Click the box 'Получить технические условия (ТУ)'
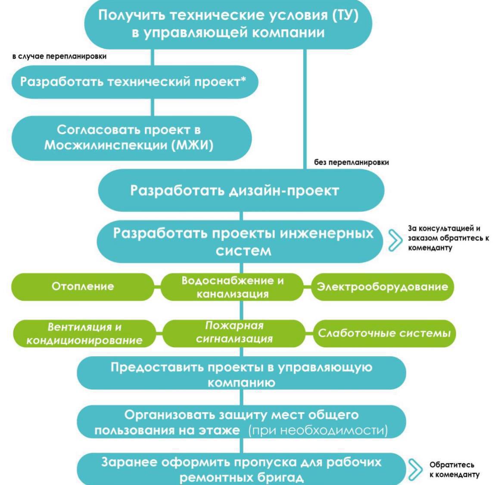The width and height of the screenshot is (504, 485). tap(228, 24)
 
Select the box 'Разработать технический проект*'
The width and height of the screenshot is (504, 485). tap(134, 82)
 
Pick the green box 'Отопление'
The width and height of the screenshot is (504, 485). tap(83, 287)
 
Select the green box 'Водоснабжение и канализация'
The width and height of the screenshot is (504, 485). tap(233, 287)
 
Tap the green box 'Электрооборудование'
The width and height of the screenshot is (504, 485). tap(382, 287)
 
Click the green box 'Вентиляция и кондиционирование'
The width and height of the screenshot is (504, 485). tap(84, 333)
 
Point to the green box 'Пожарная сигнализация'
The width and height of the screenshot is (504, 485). tap(234, 333)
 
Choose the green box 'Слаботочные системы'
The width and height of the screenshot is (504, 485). tap(384, 333)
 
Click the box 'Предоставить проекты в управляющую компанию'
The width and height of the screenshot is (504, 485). tap(241, 374)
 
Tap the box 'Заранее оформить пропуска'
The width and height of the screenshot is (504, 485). tap(241, 469)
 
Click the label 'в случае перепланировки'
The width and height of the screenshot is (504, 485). tap(59, 56)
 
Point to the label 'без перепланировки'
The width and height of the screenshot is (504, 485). tap(352, 163)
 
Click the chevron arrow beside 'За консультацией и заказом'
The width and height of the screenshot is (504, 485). tap(394, 240)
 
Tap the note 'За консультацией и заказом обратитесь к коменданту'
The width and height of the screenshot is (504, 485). tap(448, 238)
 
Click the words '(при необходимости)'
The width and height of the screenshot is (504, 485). tap(318, 430)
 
